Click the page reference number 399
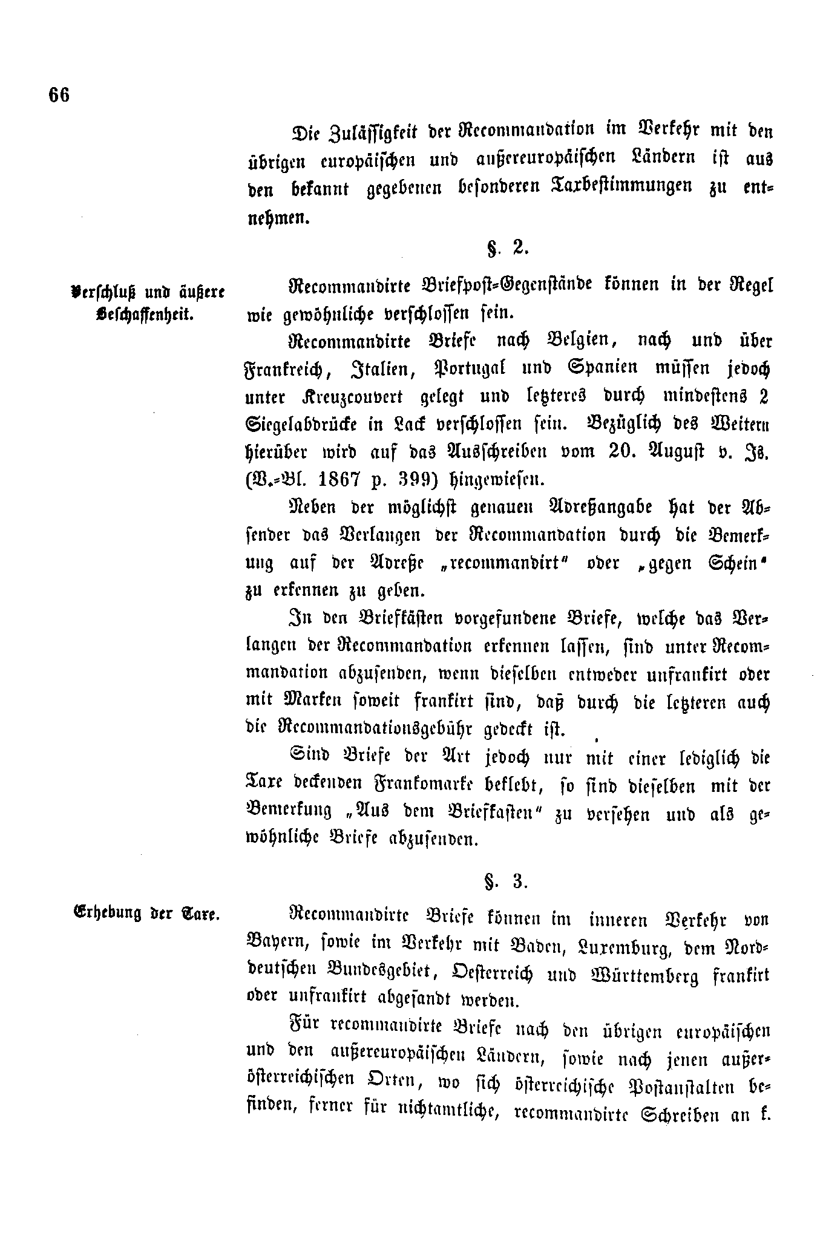point(422,479)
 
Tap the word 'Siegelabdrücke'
point(298,424)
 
